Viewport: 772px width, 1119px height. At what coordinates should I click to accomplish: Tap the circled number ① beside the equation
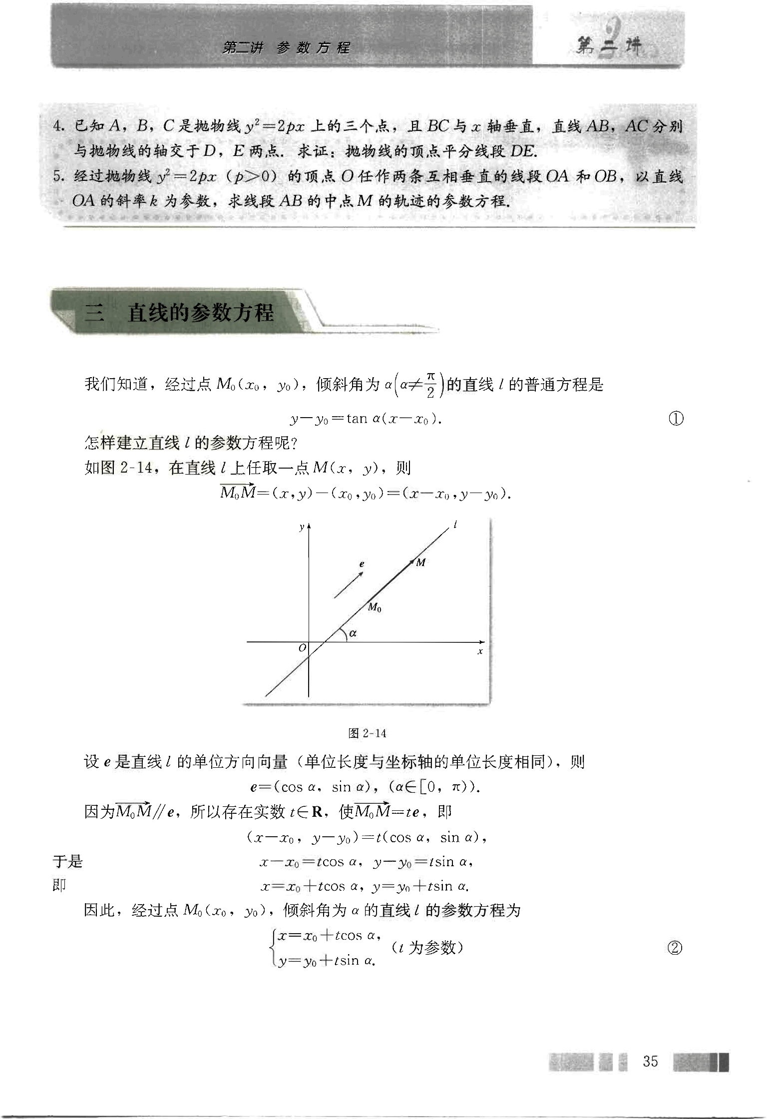(676, 418)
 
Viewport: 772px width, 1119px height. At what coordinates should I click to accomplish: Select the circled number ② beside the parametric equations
(675, 948)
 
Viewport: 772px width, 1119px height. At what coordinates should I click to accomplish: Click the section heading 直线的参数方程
(200, 313)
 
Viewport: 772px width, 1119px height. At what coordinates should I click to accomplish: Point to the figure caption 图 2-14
(367, 733)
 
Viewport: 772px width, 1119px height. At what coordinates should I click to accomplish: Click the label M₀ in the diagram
(375, 608)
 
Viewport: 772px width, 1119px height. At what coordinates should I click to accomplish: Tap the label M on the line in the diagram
(421, 562)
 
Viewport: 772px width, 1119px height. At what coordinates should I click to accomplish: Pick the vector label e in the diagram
(362, 564)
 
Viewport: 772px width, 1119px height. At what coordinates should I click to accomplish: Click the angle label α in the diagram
(353, 633)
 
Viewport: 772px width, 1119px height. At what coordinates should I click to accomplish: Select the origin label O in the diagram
(302, 648)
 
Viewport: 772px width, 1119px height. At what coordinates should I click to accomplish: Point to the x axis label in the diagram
(480, 651)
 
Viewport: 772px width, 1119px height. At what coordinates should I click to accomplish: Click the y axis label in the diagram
(301, 527)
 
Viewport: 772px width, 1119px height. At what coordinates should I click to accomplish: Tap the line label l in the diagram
(455, 525)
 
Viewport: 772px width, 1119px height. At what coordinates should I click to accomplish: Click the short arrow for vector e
(349, 584)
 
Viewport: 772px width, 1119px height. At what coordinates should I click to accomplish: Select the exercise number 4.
(59, 126)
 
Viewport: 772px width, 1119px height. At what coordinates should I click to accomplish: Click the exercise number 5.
(59, 176)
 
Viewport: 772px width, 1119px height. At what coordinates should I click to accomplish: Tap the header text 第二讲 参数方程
(286, 48)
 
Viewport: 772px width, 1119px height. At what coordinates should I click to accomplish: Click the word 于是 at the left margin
(67, 861)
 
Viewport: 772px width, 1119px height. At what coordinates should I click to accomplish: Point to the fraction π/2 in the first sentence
(430, 385)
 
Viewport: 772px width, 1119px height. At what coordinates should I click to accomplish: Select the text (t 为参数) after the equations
(427, 947)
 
